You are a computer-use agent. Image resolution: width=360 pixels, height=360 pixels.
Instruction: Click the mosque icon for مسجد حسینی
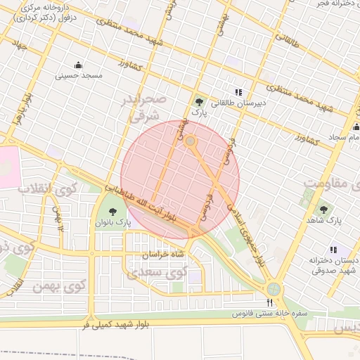coord(86,65)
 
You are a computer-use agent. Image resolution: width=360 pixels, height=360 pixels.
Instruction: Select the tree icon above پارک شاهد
coord(323,209)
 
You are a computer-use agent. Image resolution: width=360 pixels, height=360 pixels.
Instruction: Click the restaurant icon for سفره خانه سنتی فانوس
coord(269,303)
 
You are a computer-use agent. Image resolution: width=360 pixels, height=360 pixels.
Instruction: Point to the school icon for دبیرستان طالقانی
coord(238,91)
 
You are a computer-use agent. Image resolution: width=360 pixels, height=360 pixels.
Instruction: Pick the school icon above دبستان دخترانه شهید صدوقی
coord(333,249)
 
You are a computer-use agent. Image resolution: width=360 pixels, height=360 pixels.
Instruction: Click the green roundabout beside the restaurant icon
coord(274,288)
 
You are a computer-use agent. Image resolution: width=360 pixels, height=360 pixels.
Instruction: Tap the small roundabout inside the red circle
coord(191,141)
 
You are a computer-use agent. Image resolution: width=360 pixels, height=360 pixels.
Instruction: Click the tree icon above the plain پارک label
coord(199,101)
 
